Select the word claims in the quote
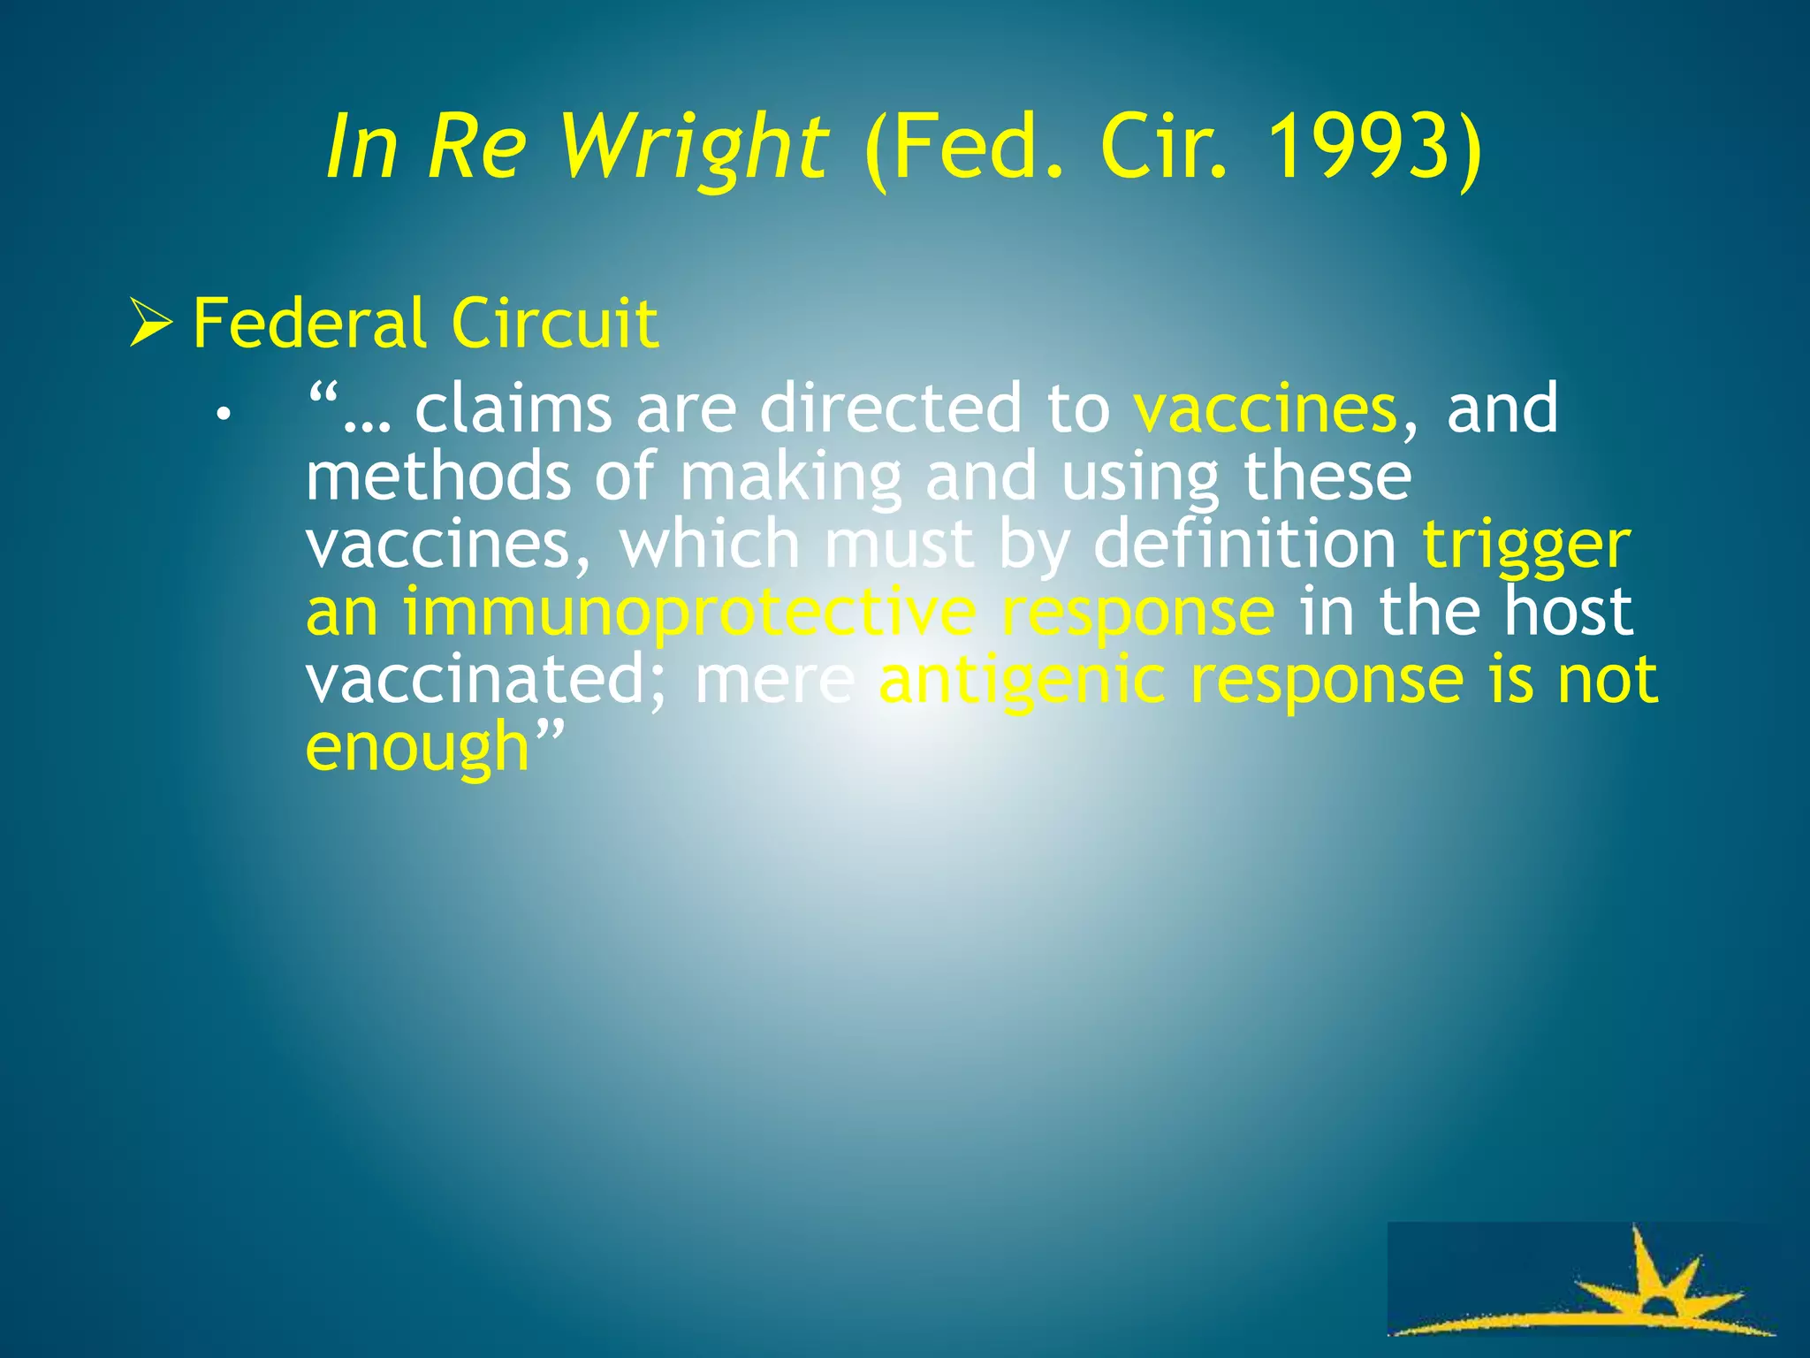513,408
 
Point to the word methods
438,477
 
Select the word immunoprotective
689,612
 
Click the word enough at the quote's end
416,747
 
